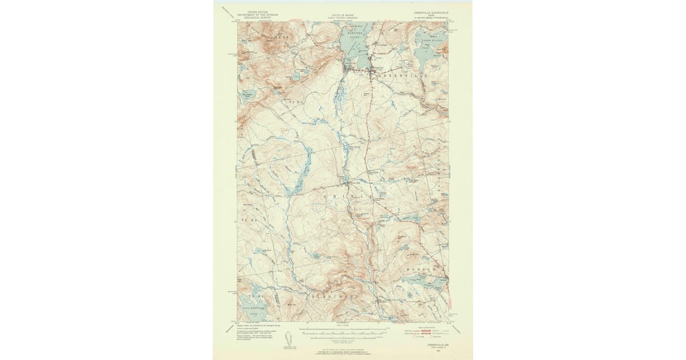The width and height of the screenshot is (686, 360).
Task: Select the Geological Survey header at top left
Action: (x=254, y=14)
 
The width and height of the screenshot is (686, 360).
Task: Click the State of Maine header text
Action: (x=342, y=15)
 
